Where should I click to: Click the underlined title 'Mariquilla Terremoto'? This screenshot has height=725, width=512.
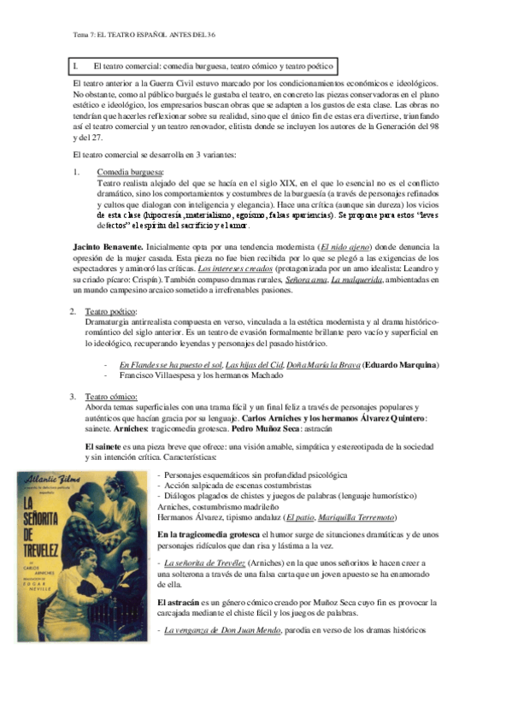[352, 517]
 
